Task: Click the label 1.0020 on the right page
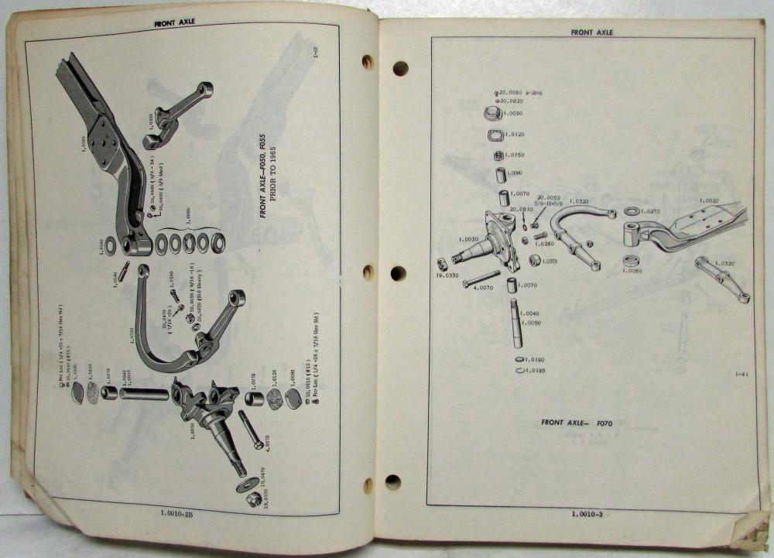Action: (x=709, y=200)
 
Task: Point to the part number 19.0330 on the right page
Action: (x=447, y=273)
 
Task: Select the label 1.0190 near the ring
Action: (x=534, y=360)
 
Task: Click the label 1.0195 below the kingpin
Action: (x=534, y=371)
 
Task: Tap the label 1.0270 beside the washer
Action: (x=651, y=211)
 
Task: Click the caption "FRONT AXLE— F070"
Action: (x=582, y=423)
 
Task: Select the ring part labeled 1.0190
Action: (x=517, y=360)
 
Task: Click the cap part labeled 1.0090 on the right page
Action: (x=491, y=114)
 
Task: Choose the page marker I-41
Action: (x=741, y=375)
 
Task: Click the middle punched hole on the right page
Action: (x=399, y=273)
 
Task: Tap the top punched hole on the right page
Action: (x=400, y=68)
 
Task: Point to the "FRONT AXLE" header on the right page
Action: (x=591, y=33)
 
